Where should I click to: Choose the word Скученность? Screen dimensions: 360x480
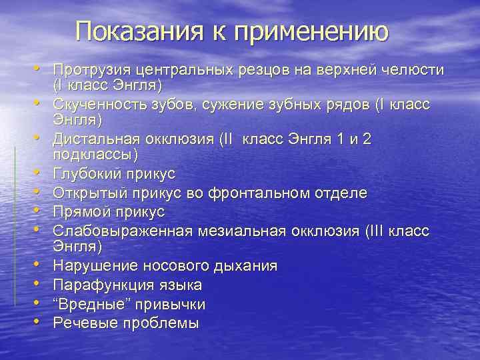[x=101, y=105]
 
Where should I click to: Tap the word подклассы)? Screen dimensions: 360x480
[x=95, y=155]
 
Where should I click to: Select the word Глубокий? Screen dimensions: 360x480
[x=87, y=174]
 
